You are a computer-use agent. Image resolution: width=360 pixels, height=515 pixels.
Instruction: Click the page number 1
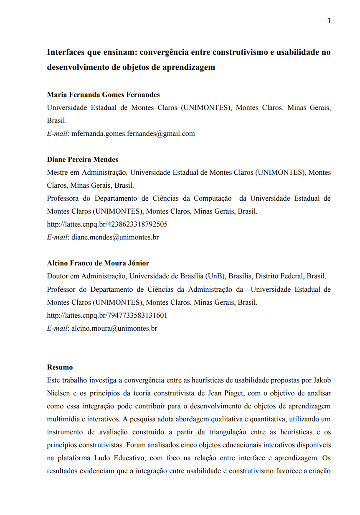329,20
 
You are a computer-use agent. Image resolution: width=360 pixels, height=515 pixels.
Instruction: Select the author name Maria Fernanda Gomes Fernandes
103,94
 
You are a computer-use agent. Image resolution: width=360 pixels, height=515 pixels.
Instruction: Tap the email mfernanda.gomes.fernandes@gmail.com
133,134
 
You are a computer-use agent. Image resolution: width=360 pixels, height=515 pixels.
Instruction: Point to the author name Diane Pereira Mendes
83,159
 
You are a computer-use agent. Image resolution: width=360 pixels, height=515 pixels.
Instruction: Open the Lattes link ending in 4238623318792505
107,224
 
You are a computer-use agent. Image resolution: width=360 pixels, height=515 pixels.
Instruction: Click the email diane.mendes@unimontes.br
115,237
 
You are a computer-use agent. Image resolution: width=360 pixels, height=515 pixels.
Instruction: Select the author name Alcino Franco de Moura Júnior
98,263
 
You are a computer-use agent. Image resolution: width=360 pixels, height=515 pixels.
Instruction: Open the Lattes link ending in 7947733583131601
107,315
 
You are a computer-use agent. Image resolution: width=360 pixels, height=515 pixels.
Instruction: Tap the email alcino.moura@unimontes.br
114,328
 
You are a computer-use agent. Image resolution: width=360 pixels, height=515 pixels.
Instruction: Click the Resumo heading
60,367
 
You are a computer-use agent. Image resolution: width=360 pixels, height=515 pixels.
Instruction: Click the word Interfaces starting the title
66,53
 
